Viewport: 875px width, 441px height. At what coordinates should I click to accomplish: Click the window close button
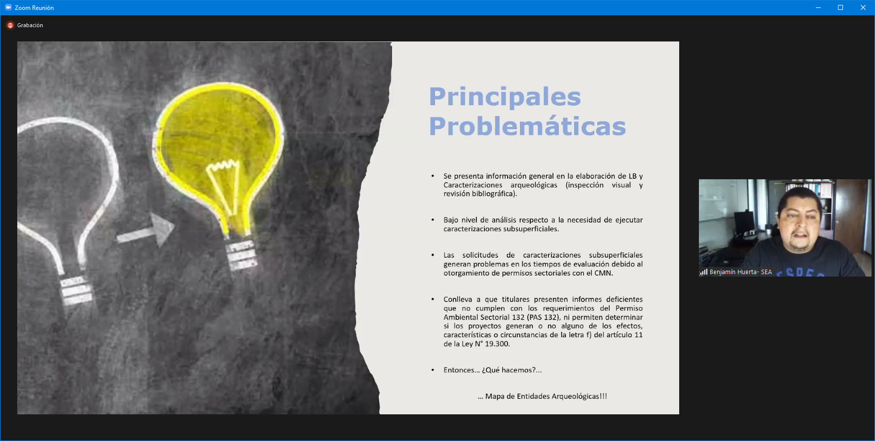tap(863, 7)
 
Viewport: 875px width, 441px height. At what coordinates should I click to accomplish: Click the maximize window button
tap(840, 7)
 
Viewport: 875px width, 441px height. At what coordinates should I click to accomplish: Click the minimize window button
tap(818, 7)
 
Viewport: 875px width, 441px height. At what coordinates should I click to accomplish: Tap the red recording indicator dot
tap(10, 25)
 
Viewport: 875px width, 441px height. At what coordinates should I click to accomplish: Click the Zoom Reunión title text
tap(34, 8)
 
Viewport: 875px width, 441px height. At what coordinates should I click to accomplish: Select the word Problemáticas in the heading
tap(527, 126)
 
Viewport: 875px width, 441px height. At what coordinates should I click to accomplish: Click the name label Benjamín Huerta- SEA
tap(740, 272)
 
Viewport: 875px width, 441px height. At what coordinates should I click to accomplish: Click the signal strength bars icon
tap(703, 272)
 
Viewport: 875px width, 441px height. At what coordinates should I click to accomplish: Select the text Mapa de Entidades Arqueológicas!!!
tap(546, 396)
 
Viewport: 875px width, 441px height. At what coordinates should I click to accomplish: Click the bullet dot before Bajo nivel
tap(433, 220)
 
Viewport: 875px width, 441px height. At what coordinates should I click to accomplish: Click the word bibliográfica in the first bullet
tap(493, 194)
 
